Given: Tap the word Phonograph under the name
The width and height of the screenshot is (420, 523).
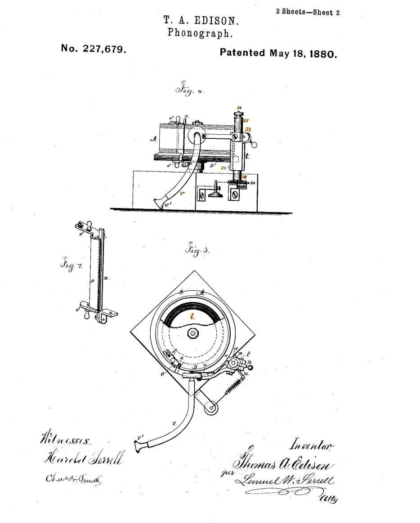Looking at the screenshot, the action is click(201, 33).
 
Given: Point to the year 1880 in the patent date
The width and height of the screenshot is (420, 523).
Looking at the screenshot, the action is click(322, 54).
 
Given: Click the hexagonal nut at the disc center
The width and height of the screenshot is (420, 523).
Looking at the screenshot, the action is click(193, 333).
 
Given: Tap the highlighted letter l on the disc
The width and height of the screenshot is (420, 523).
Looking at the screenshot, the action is click(193, 316).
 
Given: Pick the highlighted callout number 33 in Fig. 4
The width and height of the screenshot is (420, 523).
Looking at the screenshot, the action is click(248, 129).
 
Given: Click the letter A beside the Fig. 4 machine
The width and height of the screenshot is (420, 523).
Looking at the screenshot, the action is click(153, 140).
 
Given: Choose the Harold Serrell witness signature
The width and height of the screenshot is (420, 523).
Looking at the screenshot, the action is click(83, 459).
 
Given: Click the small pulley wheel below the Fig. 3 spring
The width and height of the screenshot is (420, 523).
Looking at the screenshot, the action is click(210, 408).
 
